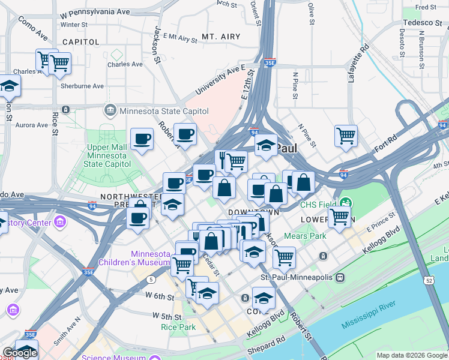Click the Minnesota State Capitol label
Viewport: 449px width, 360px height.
[x=164, y=111]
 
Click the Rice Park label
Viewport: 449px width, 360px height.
[x=178, y=327]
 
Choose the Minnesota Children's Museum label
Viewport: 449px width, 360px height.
[x=151, y=258]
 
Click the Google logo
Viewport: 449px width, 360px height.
[x=20, y=353]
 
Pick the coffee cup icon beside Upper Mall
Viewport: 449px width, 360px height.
[x=142, y=140]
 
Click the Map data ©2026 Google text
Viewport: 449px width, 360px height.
[x=412, y=355]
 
